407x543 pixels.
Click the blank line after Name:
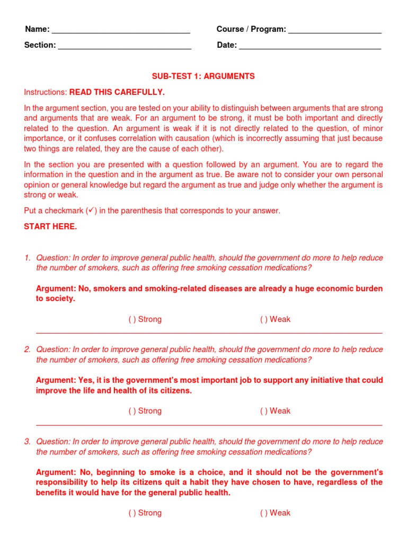pos(121,30)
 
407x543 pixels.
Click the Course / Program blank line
pos(335,30)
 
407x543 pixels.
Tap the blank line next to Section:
pos(125,46)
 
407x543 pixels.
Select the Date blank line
pos(310,46)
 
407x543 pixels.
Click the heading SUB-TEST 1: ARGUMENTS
pos(203,76)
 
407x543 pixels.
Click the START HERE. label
pos(50,226)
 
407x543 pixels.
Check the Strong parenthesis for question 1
pos(132,319)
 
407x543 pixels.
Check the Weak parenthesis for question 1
pos(263,319)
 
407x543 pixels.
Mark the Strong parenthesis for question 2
pos(132,410)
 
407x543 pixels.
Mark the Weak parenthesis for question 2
pos(263,410)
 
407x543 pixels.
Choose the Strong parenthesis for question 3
pos(132,513)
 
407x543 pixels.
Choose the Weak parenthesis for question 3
pos(263,513)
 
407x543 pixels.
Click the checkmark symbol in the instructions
pos(91,211)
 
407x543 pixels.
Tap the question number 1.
pos(27,258)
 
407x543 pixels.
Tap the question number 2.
pos(27,349)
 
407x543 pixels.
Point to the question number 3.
pos(27,441)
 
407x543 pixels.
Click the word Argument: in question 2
pos(56,380)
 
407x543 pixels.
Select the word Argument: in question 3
pos(56,472)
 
